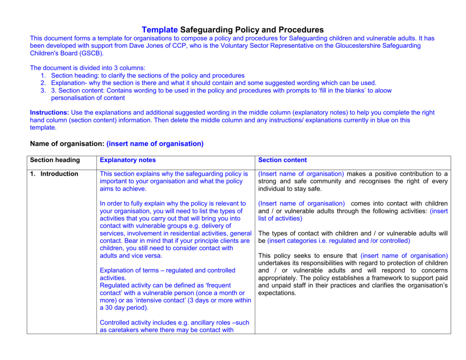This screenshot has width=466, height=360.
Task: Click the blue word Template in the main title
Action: click(x=160, y=30)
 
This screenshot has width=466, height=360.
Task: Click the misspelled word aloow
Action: click(x=383, y=91)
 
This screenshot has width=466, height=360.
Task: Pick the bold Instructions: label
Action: click(x=50, y=112)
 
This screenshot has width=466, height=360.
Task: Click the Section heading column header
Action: click(x=55, y=160)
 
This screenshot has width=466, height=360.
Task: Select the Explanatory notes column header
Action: click(x=127, y=160)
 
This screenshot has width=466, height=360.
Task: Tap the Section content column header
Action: click(x=282, y=160)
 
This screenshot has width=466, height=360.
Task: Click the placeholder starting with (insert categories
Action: click(x=339, y=241)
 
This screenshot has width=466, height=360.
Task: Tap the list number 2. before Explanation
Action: click(x=43, y=83)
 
